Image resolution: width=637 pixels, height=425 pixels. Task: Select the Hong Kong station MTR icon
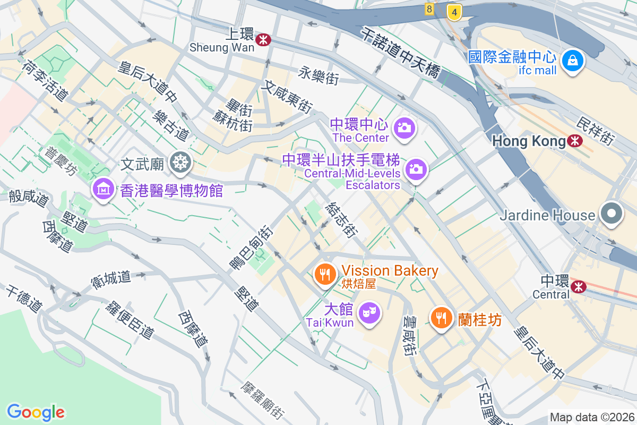pos(574,141)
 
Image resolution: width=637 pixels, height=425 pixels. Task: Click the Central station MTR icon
pos(579,286)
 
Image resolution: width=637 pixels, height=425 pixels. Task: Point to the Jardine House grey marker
pos(612,214)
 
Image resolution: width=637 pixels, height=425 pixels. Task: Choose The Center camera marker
pos(404,129)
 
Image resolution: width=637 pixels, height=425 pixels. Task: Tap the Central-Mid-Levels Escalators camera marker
pos(416,170)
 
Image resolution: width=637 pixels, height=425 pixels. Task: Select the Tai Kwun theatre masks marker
pos(369,310)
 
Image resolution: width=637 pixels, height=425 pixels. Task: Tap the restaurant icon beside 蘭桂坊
pos(440,318)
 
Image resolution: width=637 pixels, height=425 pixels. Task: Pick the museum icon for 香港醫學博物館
pos(104,189)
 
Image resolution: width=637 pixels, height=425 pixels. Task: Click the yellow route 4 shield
pos(454,11)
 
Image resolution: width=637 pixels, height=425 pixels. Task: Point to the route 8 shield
pos(429,9)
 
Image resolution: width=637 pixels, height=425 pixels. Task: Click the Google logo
pos(36,412)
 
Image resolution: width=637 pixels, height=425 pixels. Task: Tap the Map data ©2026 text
pos(592,418)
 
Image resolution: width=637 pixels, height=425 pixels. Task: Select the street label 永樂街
pos(318,75)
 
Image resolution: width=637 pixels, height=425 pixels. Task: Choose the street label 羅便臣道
pos(130,320)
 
